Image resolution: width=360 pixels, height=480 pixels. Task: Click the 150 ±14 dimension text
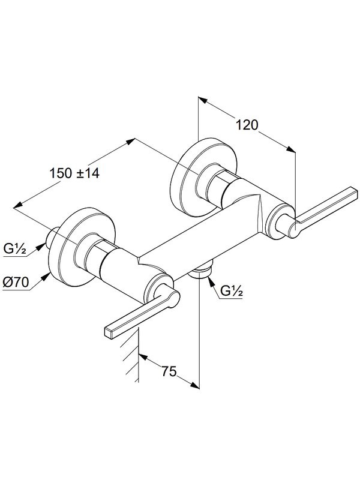click(74, 173)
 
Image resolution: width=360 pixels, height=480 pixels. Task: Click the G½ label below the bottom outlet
click(231, 292)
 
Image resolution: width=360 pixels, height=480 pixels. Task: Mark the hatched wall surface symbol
click(130, 360)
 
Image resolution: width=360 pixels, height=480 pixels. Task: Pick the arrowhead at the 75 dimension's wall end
click(143, 358)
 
